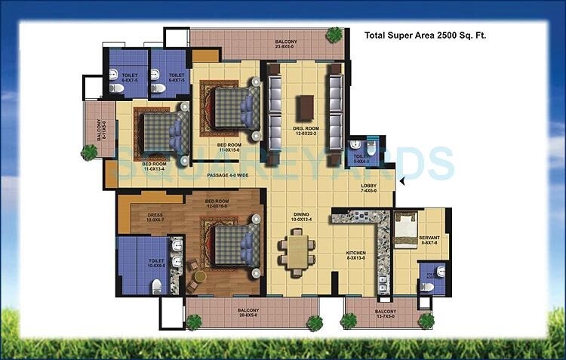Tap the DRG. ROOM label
tap(306, 131)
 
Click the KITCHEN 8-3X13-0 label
tap(355, 255)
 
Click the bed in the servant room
tap(405, 223)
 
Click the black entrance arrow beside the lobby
tap(403, 181)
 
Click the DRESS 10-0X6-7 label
tap(155, 217)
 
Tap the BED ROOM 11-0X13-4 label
tap(154, 165)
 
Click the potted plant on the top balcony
tap(334, 33)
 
